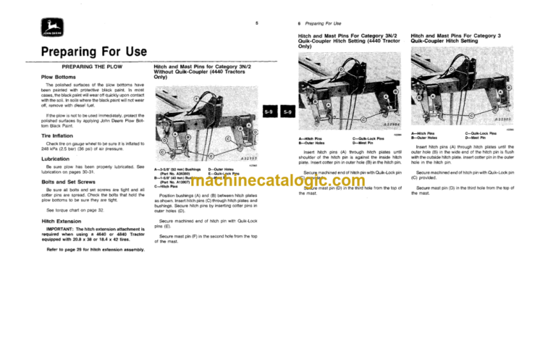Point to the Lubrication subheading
pyautogui.click(x=56, y=158)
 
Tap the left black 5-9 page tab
pyautogui.click(x=268, y=112)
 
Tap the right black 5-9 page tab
pyautogui.click(x=286, y=112)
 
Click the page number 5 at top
pyautogui.click(x=257, y=25)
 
